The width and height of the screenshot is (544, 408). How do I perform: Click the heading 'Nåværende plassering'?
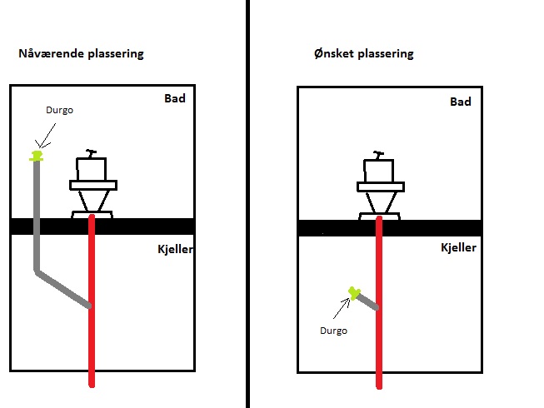(81, 54)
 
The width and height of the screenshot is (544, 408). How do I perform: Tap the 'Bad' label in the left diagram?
(174, 98)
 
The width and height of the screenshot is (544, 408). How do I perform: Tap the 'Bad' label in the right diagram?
(460, 102)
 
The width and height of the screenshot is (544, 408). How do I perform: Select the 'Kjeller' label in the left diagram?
(176, 249)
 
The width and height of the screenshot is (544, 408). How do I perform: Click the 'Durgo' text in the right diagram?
(333, 331)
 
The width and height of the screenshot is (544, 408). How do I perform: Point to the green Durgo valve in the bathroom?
(36, 155)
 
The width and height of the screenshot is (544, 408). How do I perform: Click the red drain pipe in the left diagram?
(92, 333)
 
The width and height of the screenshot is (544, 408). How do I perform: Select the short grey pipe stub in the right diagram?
(367, 301)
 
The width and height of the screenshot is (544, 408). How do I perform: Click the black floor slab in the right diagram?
(433, 228)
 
